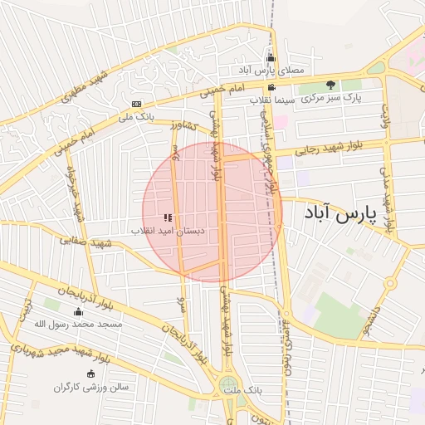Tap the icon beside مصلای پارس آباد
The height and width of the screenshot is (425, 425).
coord(271,57)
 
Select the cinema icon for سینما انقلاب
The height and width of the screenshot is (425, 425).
coord(271,87)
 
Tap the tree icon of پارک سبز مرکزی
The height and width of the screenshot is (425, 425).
coord(330,85)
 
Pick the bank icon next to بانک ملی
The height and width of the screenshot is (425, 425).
coord(136,104)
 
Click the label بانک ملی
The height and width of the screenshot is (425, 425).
coord(136,117)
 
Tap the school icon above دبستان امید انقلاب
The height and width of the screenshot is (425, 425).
coord(169,217)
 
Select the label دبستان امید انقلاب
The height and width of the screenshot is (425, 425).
coord(169,230)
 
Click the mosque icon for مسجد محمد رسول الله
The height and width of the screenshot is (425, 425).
coord(78,312)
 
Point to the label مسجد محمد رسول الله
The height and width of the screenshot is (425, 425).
coord(78,325)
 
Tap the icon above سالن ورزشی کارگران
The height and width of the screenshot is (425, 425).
coord(90,374)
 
